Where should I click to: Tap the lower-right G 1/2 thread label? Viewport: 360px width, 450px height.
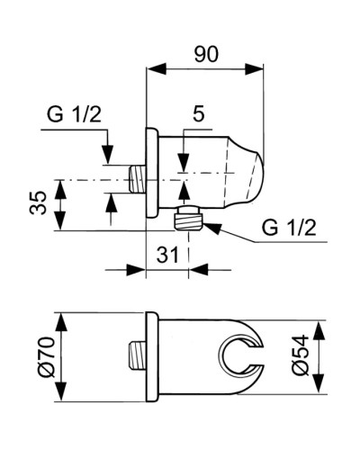[289, 228]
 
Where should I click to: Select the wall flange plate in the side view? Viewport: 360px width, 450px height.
[150, 176]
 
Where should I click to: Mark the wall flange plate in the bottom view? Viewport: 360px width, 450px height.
[150, 357]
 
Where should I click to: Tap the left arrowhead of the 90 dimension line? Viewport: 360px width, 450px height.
[149, 67]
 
